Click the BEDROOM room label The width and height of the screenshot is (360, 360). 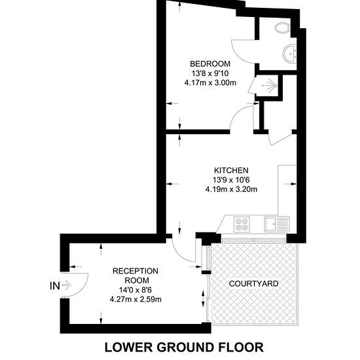click(210, 63)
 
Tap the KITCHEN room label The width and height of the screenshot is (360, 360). click(231, 170)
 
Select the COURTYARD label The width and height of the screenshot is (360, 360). click(254, 283)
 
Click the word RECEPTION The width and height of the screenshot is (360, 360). click(135, 271)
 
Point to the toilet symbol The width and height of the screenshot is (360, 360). click(281, 28)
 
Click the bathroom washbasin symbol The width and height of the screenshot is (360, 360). click(290, 54)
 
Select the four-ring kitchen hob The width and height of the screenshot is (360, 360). click(242, 224)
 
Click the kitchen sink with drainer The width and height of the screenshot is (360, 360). click(277, 224)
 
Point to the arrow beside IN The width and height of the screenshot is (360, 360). click(67, 285)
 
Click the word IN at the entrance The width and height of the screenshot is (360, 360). click(54, 286)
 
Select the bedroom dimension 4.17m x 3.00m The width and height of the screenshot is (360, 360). click(210, 82)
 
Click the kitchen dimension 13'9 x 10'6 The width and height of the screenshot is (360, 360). click(231, 180)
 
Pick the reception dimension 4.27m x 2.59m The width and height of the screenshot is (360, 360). click(135, 299)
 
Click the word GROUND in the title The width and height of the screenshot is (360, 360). click(184, 347)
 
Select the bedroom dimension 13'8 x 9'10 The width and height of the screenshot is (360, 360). click(210, 73)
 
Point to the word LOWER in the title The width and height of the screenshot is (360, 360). click(128, 347)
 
